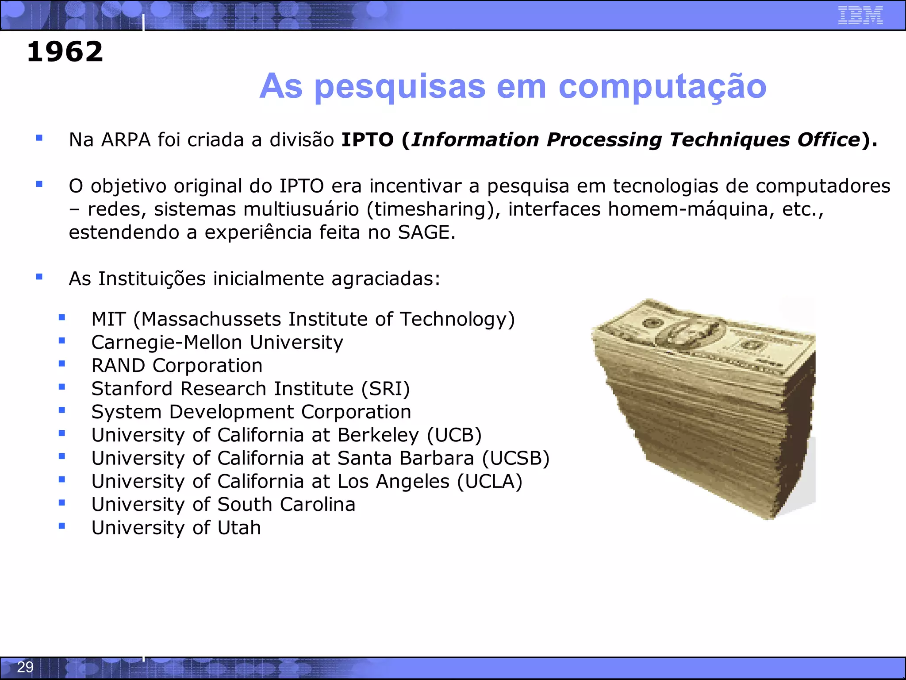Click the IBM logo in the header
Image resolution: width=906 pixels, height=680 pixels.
(x=860, y=15)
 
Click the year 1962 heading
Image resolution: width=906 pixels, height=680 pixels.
(x=65, y=52)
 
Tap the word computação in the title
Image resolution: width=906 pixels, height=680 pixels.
(x=662, y=86)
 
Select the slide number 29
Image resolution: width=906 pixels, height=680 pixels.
(x=25, y=667)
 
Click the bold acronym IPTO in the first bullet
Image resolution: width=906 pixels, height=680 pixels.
(x=367, y=140)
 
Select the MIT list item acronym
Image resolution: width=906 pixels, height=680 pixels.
(x=108, y=319)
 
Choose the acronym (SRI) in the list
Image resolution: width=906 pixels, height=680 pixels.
(x=385, y=389)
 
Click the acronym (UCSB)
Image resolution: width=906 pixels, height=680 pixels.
(x=516, y=458)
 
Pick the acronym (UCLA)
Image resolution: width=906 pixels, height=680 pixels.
(x=490, y=481)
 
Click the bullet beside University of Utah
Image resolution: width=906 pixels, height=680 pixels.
(x=62, y=526)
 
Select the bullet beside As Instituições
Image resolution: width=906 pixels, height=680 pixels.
(x=39, y=277)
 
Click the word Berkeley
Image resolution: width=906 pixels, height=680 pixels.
(x=378, y=435)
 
